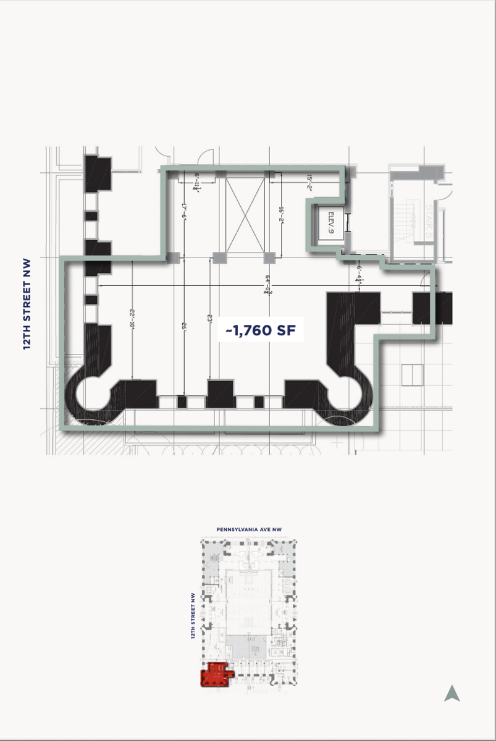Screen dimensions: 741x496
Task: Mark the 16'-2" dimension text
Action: pyautogui.click(x=281, y=214)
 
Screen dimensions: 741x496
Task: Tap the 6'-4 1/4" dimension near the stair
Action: pyautogui.click(x=359, y=272)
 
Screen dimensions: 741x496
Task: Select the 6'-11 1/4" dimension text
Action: pyautogui.click(x=197, y=183)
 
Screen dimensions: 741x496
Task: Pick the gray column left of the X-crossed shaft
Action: pyautogui.click(x=219, y=257)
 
